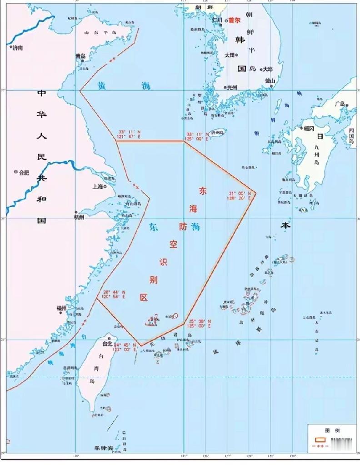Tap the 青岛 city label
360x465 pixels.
point(81,56)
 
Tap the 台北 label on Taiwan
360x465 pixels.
point(107,344)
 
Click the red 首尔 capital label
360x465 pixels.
point(234,20)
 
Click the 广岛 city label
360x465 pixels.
point(340,104)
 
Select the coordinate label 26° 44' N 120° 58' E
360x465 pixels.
point(113,294)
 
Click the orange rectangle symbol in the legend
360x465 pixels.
point(320,440)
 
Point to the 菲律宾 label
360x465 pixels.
point(103,448)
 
